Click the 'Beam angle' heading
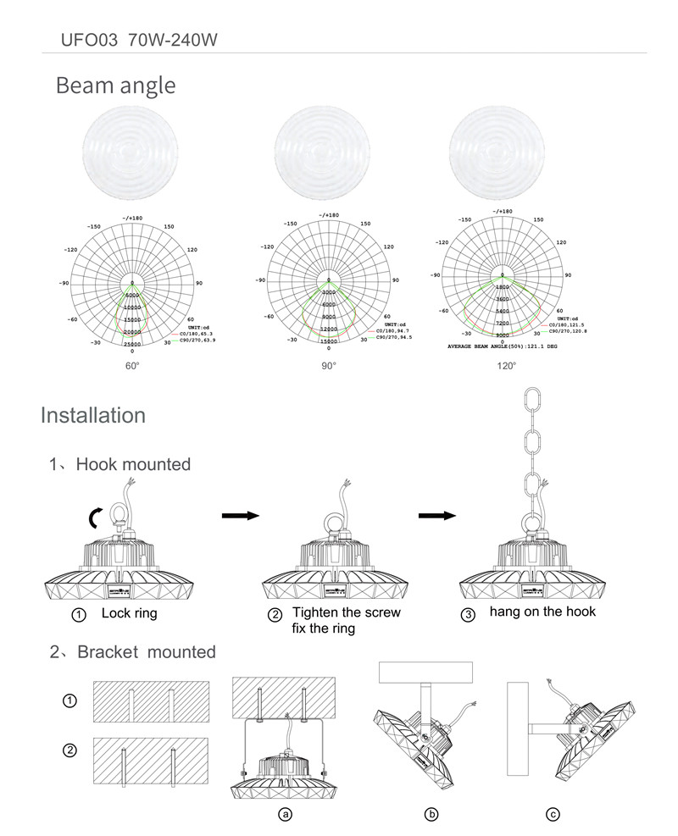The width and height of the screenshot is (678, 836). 115,86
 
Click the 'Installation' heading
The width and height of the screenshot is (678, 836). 93,416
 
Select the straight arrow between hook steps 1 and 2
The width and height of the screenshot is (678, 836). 239,515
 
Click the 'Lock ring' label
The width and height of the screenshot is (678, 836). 129,613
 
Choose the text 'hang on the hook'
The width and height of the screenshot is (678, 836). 542,612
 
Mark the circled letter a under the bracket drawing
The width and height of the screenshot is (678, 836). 286,815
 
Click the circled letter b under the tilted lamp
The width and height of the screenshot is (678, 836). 431,815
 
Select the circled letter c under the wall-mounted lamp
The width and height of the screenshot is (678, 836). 553,815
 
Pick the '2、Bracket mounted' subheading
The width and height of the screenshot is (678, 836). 132,652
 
